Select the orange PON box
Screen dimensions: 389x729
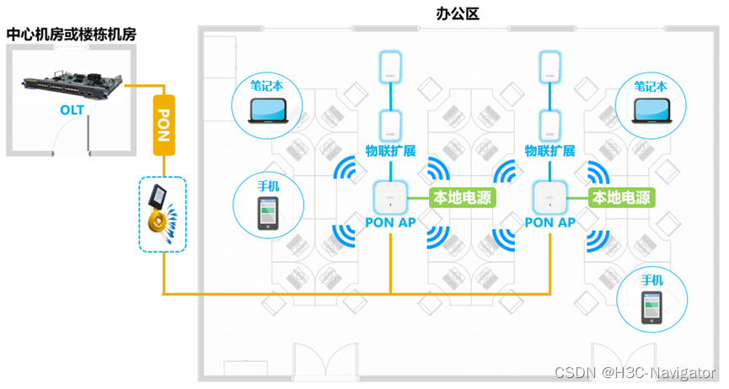pos(164,124)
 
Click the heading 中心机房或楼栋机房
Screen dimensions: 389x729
pos(72,35)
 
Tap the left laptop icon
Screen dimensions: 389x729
pos(269,109)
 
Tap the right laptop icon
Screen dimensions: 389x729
pos(651,109)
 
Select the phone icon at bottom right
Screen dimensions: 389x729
pos(651,306)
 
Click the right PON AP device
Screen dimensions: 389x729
pos(549,198)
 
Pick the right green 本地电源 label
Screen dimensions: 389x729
pos(621,198)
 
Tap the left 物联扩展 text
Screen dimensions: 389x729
pos(390,152)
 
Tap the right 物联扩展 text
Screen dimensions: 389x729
pos(549,152)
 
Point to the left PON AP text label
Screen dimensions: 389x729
pos(390,222)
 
